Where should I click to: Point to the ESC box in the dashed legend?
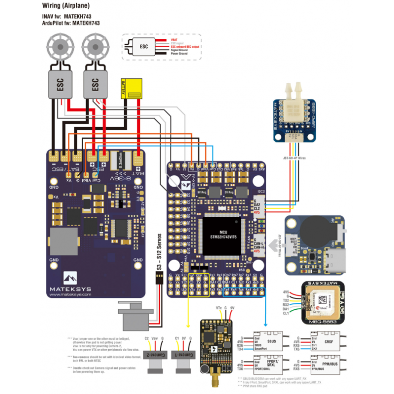click(144, 47)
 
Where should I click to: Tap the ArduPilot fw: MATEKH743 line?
click(71, 23)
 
